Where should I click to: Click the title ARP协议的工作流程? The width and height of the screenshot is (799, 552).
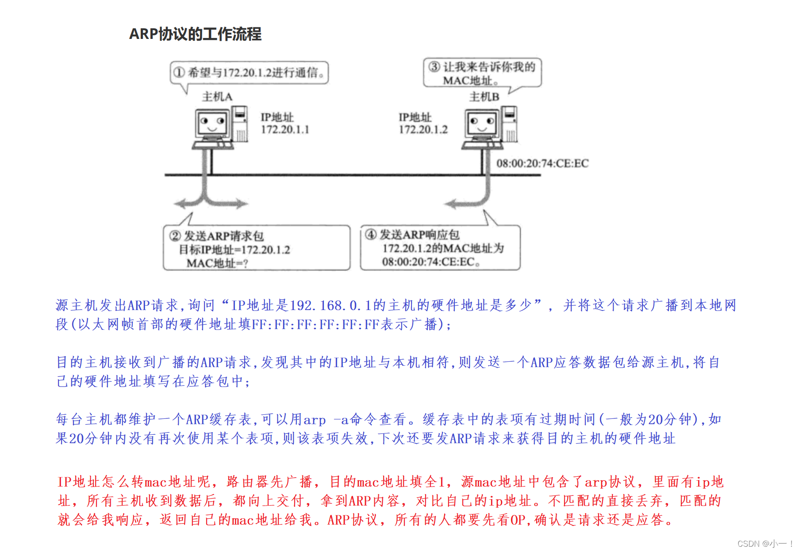coord(195,34)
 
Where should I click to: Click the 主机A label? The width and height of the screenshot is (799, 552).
coord(217,96)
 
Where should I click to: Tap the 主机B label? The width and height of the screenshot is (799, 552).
coord(484,96)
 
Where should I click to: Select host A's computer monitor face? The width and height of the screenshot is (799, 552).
coord(212,123)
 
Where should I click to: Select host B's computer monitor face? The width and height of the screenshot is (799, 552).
coord(482,123)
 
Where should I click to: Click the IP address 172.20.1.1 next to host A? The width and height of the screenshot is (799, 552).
coord(285,130)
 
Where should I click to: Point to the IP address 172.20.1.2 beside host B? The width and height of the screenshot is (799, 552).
coord(423,130)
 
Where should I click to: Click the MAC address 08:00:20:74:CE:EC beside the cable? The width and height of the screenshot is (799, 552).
coord(542,164)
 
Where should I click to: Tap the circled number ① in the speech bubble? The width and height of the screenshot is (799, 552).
coord(179,72)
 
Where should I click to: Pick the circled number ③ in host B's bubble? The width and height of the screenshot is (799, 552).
coord(434,67)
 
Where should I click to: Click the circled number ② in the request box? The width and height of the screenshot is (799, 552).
coord(175,236)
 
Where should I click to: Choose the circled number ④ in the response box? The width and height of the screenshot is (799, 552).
coord(371,234)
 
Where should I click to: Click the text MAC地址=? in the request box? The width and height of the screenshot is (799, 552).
coord(217,264)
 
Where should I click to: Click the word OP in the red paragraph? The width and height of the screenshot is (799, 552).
coord(518,520)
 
